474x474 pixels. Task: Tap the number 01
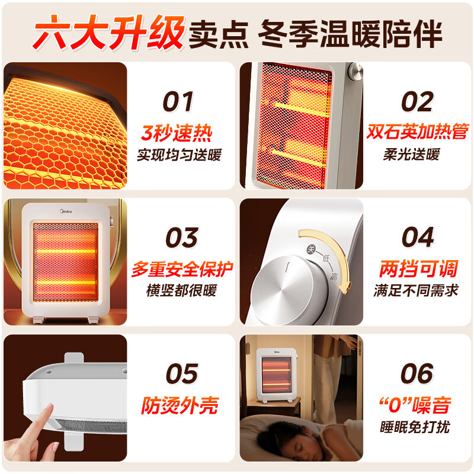[178, 102]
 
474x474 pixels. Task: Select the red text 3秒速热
[177, 133]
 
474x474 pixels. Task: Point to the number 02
[417, 102]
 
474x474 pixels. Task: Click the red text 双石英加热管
[417, 132]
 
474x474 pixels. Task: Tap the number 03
[181, 238]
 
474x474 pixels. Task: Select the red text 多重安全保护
[182, 268]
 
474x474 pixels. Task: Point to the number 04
[418, 238]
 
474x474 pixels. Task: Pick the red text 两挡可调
[418, 268]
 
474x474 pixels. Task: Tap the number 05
[181, 374]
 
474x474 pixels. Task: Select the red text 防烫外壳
[180, 405]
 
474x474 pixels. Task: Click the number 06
[417, 374]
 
